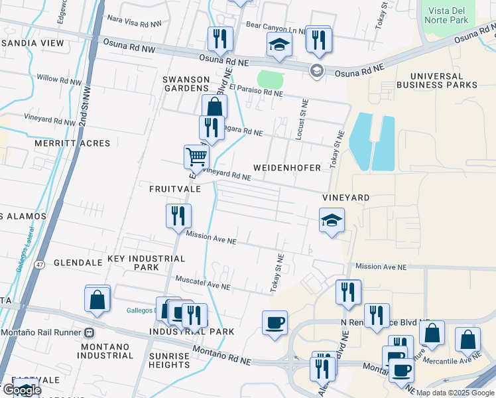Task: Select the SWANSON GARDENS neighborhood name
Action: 186,84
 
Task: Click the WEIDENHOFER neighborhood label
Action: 286,168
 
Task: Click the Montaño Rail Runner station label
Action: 46,332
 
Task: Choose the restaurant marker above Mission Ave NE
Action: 178,216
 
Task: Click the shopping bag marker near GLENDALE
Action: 97,298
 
